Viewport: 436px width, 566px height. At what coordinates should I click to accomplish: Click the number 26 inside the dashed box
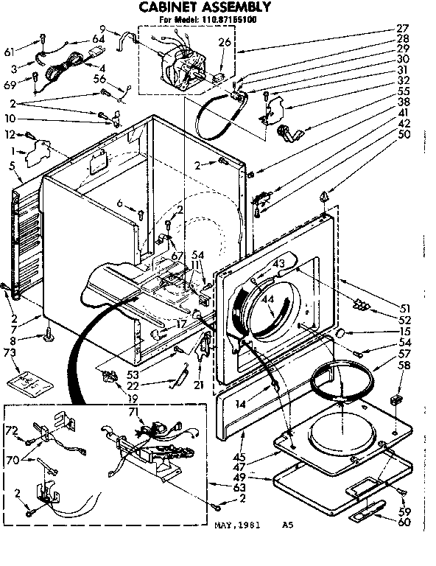coord(225,42)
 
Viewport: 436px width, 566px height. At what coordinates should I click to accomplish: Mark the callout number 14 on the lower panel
coord(240,404)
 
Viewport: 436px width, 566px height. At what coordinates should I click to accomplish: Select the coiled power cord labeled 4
coord(54,71)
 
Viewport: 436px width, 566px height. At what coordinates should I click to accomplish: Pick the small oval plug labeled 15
coord(341,334)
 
